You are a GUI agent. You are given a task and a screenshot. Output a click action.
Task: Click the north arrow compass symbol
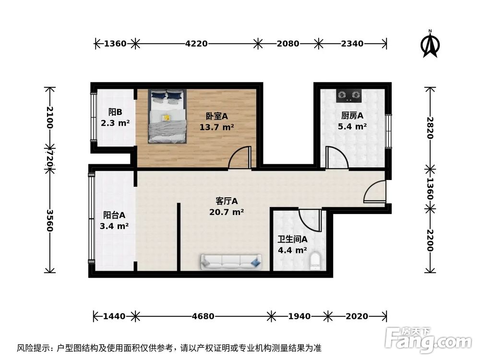click(431, 44)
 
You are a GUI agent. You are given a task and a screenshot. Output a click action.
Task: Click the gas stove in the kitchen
click(349, 96)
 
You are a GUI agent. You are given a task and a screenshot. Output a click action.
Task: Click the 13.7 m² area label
click(217, 127)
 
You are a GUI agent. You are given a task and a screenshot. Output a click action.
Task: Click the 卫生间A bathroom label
click(292, 239)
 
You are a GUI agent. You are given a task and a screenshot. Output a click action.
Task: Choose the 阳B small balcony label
click(115, 112)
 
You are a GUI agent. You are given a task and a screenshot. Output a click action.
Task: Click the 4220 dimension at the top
click(196, 44)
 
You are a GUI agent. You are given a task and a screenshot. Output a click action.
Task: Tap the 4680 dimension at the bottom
click(203, 316)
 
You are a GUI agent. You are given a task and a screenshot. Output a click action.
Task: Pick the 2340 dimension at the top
click(352, 44)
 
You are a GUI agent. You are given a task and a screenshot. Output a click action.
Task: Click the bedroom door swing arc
click(240, 158)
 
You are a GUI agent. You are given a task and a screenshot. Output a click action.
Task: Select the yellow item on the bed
click(167, 117)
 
